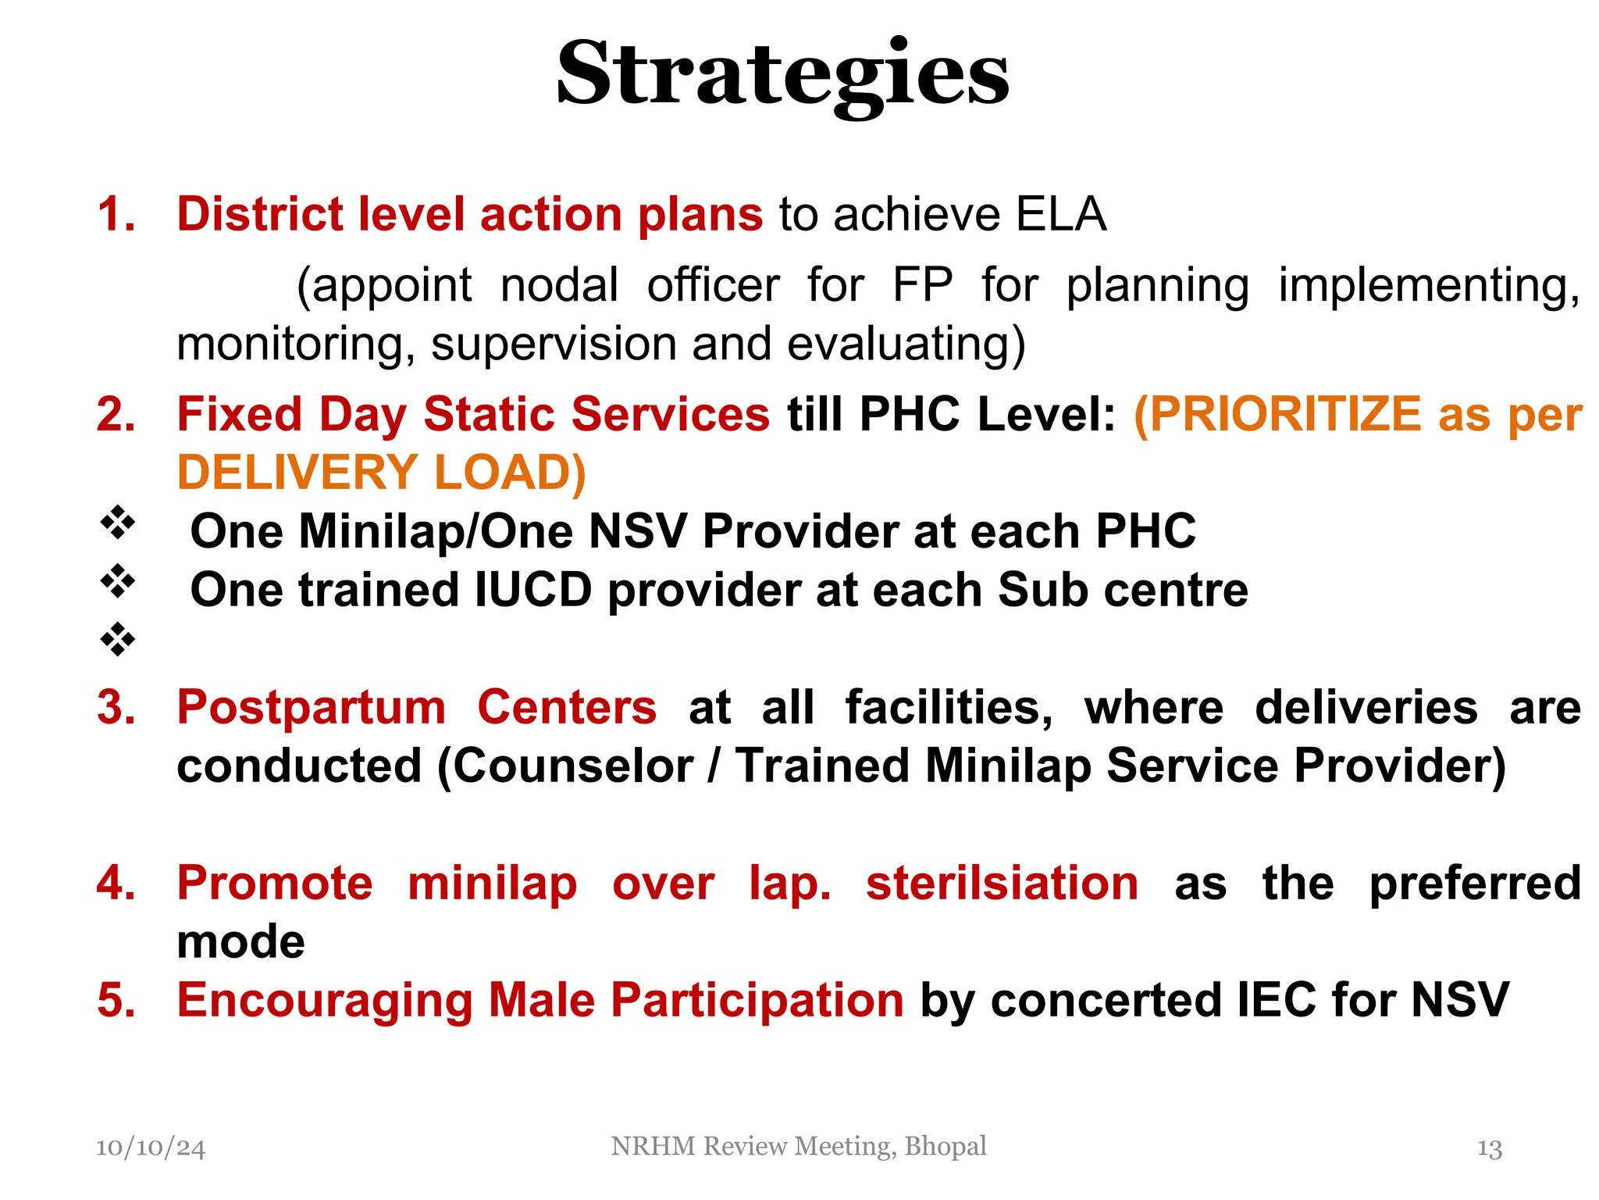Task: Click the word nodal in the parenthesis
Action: pyautogui.click(x=559, y=284)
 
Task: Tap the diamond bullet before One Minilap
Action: pyautogui.click(x=118, y=523)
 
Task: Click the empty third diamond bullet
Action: pyautogui.click(x=118, y=639)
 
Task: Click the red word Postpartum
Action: pyautogui.click(x=311, y=707)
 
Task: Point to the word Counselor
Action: pyautogui.click(x=573, y=766)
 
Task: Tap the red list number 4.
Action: pyautogui.click(x=116, y=883)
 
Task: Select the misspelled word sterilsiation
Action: pyautogui.click(x=1002, y=883)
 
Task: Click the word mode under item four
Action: pyautogui.click(x=240, y=941)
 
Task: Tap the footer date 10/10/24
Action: pyautogui.click(x=150, y=1147)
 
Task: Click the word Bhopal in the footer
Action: pyautogui.click(x=945, y=1146)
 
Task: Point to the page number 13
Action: pyautogui.click(x=1489, y=1148)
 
